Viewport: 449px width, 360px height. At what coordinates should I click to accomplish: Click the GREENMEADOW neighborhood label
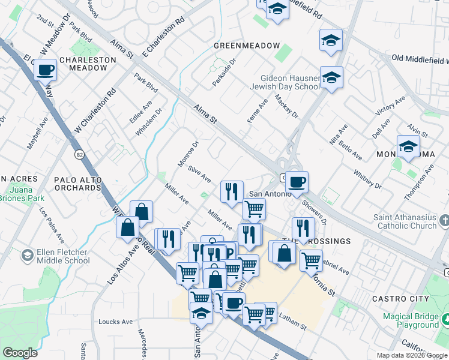click(x=247, y=46)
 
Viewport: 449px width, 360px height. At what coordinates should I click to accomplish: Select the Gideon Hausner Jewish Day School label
click(x=290, y=82)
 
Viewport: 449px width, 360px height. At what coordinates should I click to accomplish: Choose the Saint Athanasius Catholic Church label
click(x=406, y=221)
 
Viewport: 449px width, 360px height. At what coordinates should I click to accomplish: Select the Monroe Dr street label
click(x=188, y=154)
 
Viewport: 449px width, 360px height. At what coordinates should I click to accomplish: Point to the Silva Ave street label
click(x=199, y=174)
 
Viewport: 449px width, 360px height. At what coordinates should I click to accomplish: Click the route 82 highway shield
click(x=79, y=155)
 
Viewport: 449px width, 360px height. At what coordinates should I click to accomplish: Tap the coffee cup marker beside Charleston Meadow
click(x=45, y=70)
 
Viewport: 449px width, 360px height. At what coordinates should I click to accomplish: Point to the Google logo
click(x=20, y=353)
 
